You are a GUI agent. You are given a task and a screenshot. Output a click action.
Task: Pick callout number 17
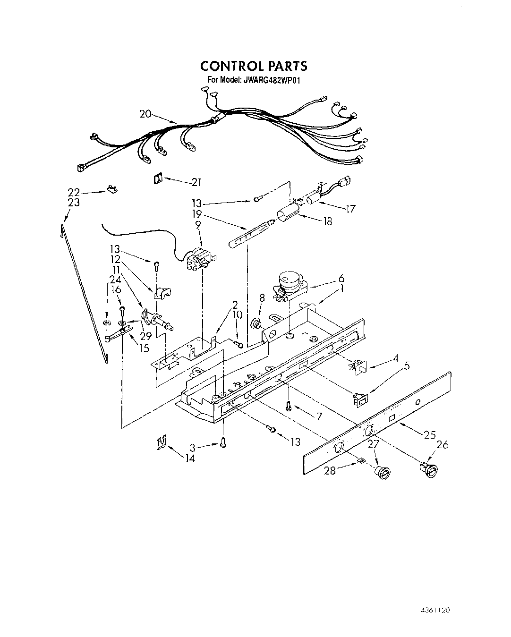click(x=350, y=208)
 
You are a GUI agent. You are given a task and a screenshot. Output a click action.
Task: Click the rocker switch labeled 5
click(x=360, y=399)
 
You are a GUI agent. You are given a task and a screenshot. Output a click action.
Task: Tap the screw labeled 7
click(x=289, y=406)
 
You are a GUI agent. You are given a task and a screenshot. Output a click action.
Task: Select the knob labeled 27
click(x=382, y=472)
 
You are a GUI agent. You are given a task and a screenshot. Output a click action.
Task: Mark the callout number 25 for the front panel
click(x=429, y=435)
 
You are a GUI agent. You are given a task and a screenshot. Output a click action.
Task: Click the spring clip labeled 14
click(x=162, y=443)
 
